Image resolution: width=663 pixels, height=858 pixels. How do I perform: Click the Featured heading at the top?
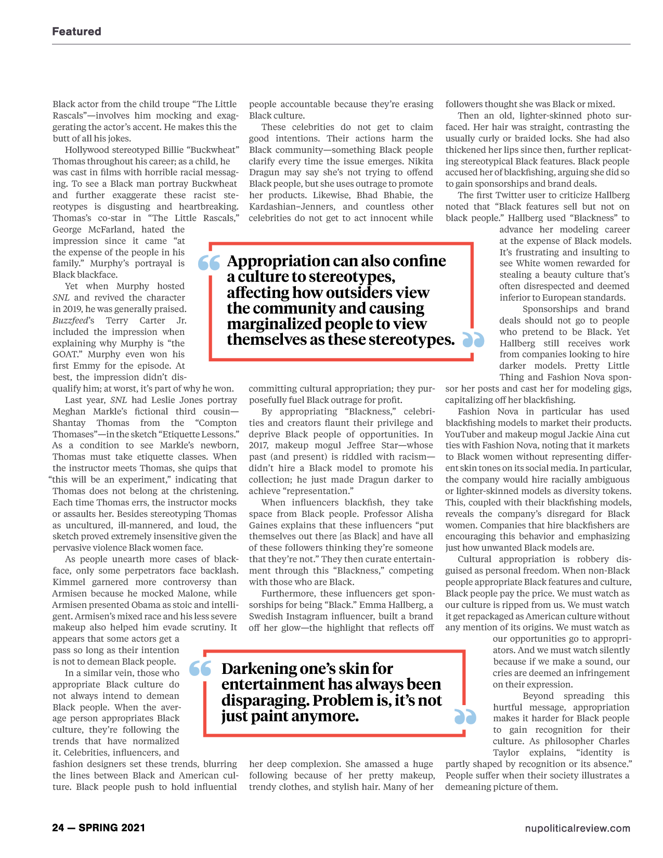(x=76, y=32)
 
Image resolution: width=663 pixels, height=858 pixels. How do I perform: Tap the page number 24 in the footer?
(x=58, y=828)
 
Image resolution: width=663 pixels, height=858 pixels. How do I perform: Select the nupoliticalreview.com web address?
(x=577, y=828)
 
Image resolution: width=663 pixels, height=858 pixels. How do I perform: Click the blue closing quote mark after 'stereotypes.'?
(x=473, y=340)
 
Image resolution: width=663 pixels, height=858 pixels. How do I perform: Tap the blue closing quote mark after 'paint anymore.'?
(x=465, y=717)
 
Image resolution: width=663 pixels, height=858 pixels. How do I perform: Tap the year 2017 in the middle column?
(x=258, y=445)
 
